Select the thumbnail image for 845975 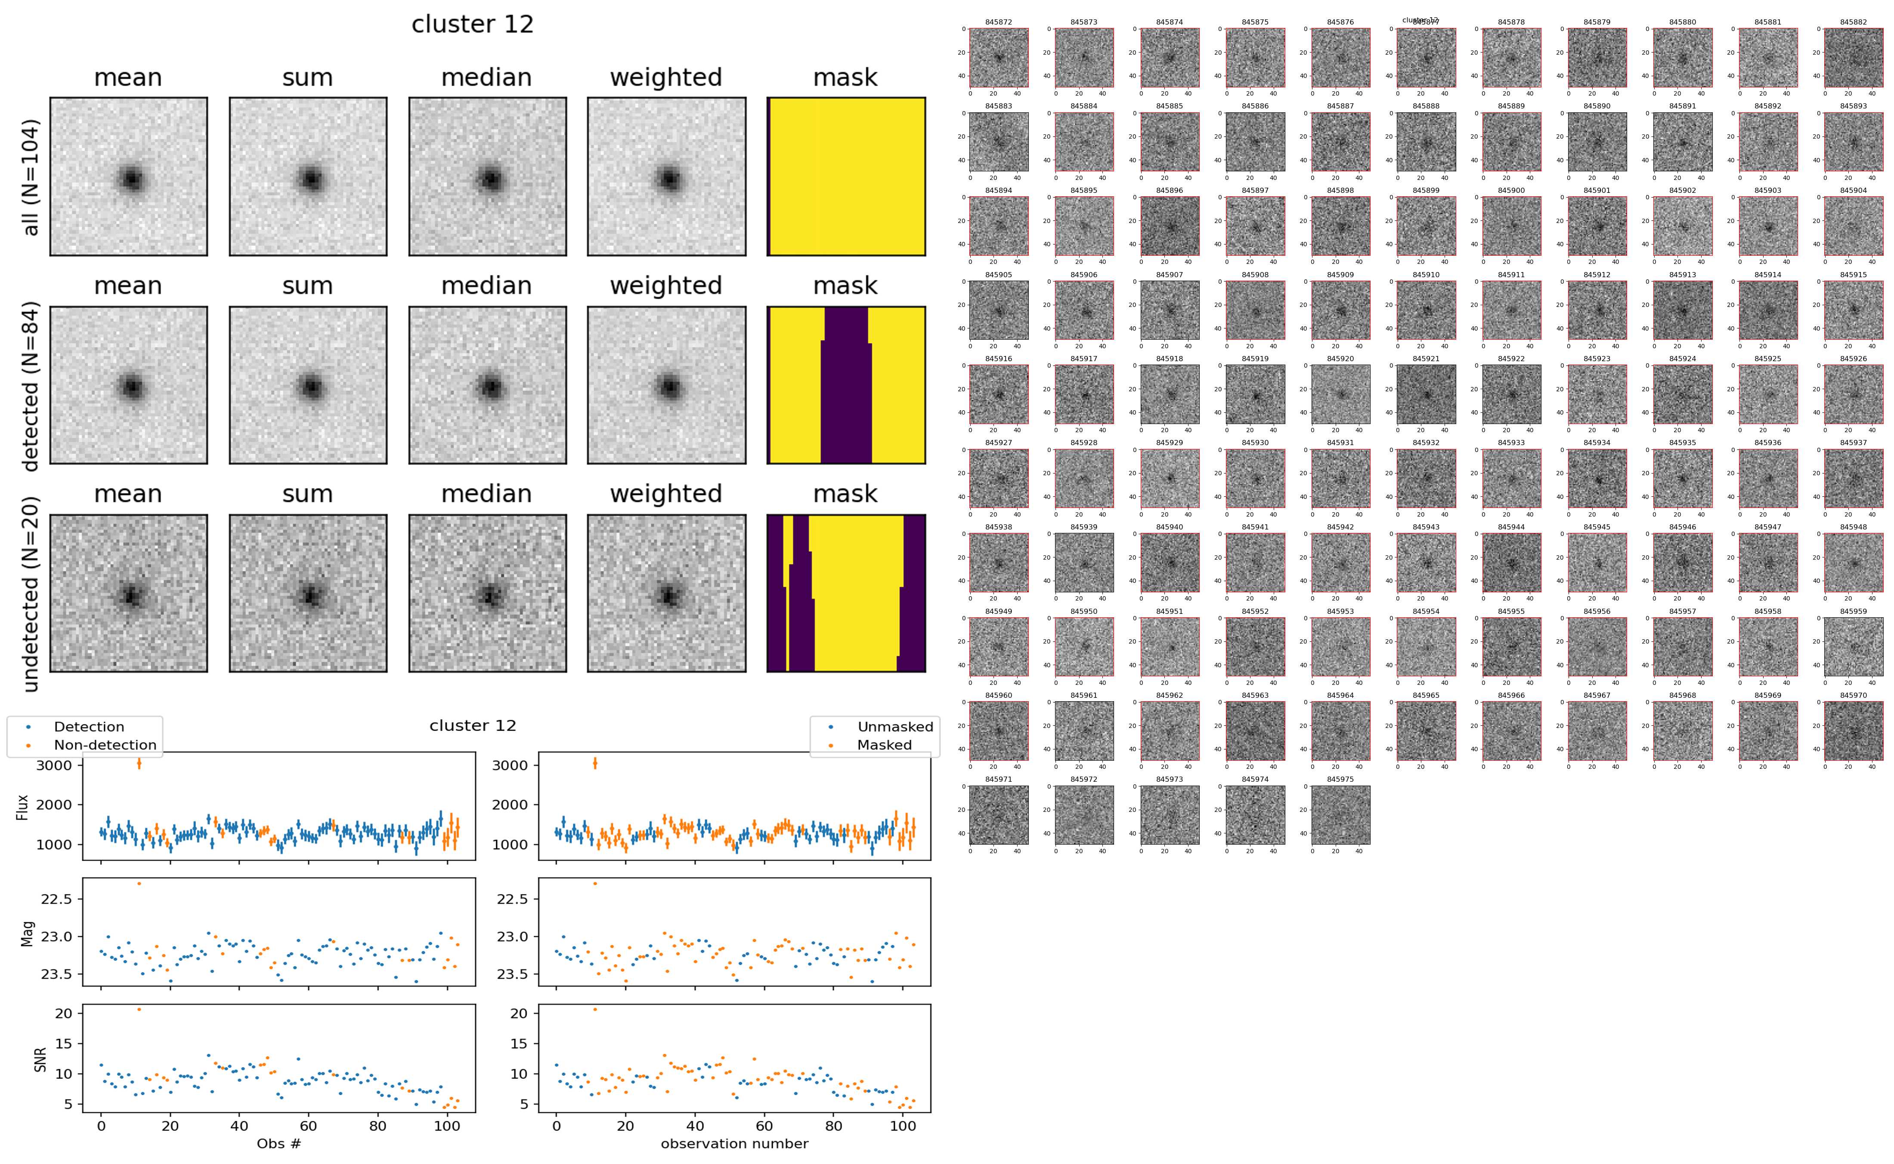pos(1340,814)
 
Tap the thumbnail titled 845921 pos(1425,394)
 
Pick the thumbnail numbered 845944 pos(1511,563)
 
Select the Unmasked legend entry pos(894,727)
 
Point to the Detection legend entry pos(89,727)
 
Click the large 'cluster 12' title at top pos(473,25)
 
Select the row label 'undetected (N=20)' pos(31,594)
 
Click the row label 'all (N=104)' pos(31,177)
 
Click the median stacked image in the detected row pos(487,385)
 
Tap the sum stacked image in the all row pos(308,176)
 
